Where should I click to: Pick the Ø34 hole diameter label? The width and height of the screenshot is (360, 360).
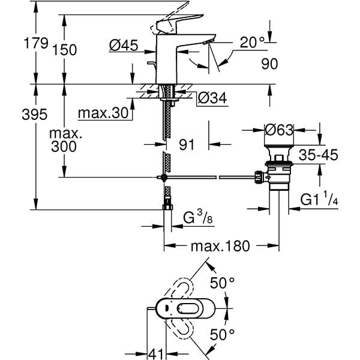click(211, 98)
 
